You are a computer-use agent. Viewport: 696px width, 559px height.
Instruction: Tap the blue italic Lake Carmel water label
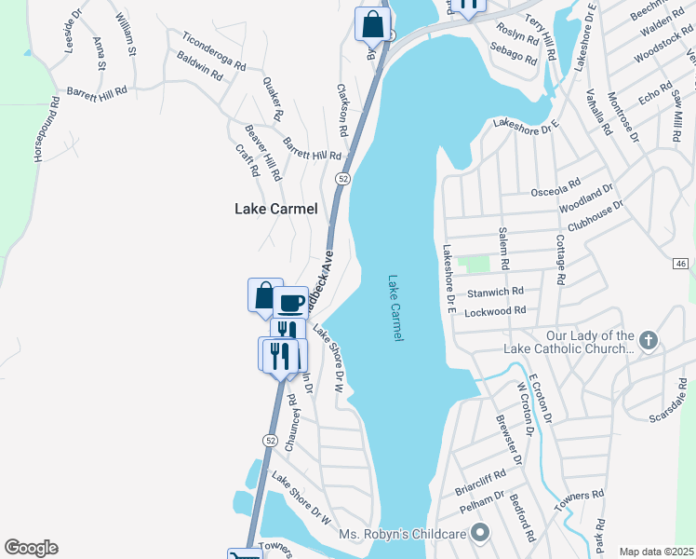point(396,307)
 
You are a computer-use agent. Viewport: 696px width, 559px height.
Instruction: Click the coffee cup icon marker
point(290,302)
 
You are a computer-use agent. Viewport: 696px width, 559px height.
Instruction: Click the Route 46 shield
point(681,265)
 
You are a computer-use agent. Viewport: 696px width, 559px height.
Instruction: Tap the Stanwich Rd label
point(494,292)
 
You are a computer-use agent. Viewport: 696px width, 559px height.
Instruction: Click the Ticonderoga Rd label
point(214,53)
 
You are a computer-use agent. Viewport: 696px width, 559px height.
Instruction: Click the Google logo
point(31,548)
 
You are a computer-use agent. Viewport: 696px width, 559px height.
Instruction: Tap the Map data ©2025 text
point(656,551)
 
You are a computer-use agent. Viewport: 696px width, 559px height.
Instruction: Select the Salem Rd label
point(502,250)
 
